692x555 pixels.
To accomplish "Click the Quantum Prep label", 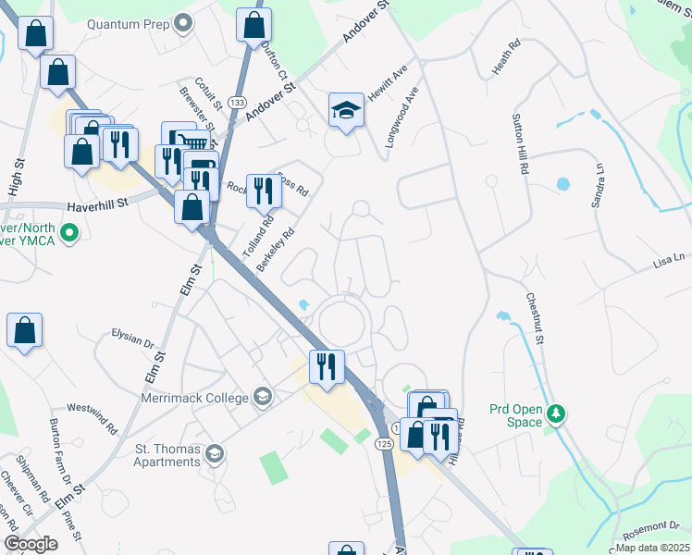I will (127, 21).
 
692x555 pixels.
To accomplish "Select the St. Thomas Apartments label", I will (168, 453).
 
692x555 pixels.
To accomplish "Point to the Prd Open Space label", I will (515, 415).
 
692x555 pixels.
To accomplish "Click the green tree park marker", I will (556, 413).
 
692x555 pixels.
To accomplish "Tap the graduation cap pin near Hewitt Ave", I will (346, 111).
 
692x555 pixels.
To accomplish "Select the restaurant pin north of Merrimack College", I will (326, 367).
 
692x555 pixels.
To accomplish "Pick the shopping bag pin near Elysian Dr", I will (24, 330).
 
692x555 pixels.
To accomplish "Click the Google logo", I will (31, 543).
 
